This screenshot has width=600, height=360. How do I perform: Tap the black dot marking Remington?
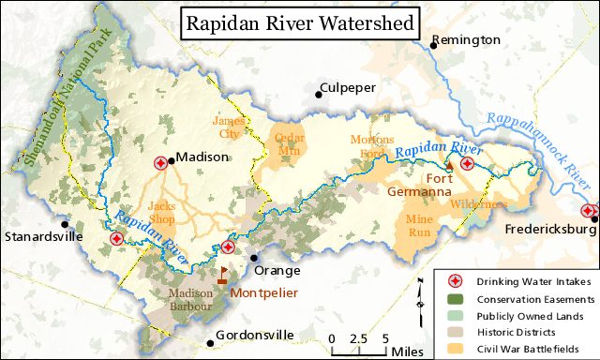[x=434, y=43]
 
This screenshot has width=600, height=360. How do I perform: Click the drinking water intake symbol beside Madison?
[x=160, y=162]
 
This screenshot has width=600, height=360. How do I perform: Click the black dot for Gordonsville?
[x=209, y=335]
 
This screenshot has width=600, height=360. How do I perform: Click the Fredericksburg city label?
[x=549, y=229]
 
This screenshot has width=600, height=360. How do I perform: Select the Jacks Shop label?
[x=160, y=212]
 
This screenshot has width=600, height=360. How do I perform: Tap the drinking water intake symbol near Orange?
[x=228, y=247]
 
